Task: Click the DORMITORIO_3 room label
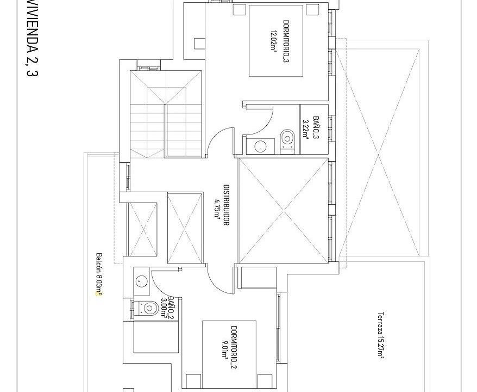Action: click(286, 41)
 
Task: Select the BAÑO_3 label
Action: click(316, 128)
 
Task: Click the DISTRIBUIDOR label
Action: click(226, 205)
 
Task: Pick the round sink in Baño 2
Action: click(142, 280)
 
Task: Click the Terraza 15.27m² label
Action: click(380, 334)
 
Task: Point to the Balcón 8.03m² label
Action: click(99, 274)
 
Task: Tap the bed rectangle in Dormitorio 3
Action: click(276, 40)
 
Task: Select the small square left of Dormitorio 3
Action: click(199, 44)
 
